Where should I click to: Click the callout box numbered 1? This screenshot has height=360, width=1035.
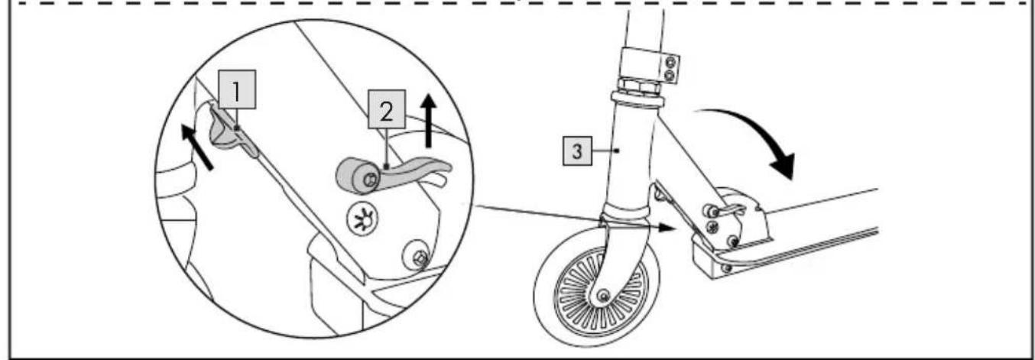point(237,92)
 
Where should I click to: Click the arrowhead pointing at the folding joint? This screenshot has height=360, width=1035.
point(667,227)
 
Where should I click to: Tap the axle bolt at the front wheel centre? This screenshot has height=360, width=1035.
point(604,295)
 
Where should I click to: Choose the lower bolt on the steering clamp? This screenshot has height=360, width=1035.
point(670,76)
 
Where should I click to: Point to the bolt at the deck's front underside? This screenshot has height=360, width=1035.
point(725,268)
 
